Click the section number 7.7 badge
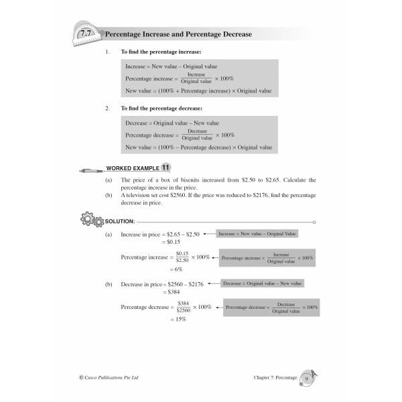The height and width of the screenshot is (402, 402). tap(84, 33)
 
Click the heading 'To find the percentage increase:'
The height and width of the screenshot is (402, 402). tap(161, 52)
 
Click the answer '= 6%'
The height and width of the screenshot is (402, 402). tap(175, 269)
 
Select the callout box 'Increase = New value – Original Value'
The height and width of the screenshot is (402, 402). tap(257, 233)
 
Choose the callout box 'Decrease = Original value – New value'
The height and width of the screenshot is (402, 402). tap(262, 283)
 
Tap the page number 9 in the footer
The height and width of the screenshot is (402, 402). tap(306, 379)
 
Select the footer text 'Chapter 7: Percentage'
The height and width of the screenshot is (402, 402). tap(272, 379)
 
